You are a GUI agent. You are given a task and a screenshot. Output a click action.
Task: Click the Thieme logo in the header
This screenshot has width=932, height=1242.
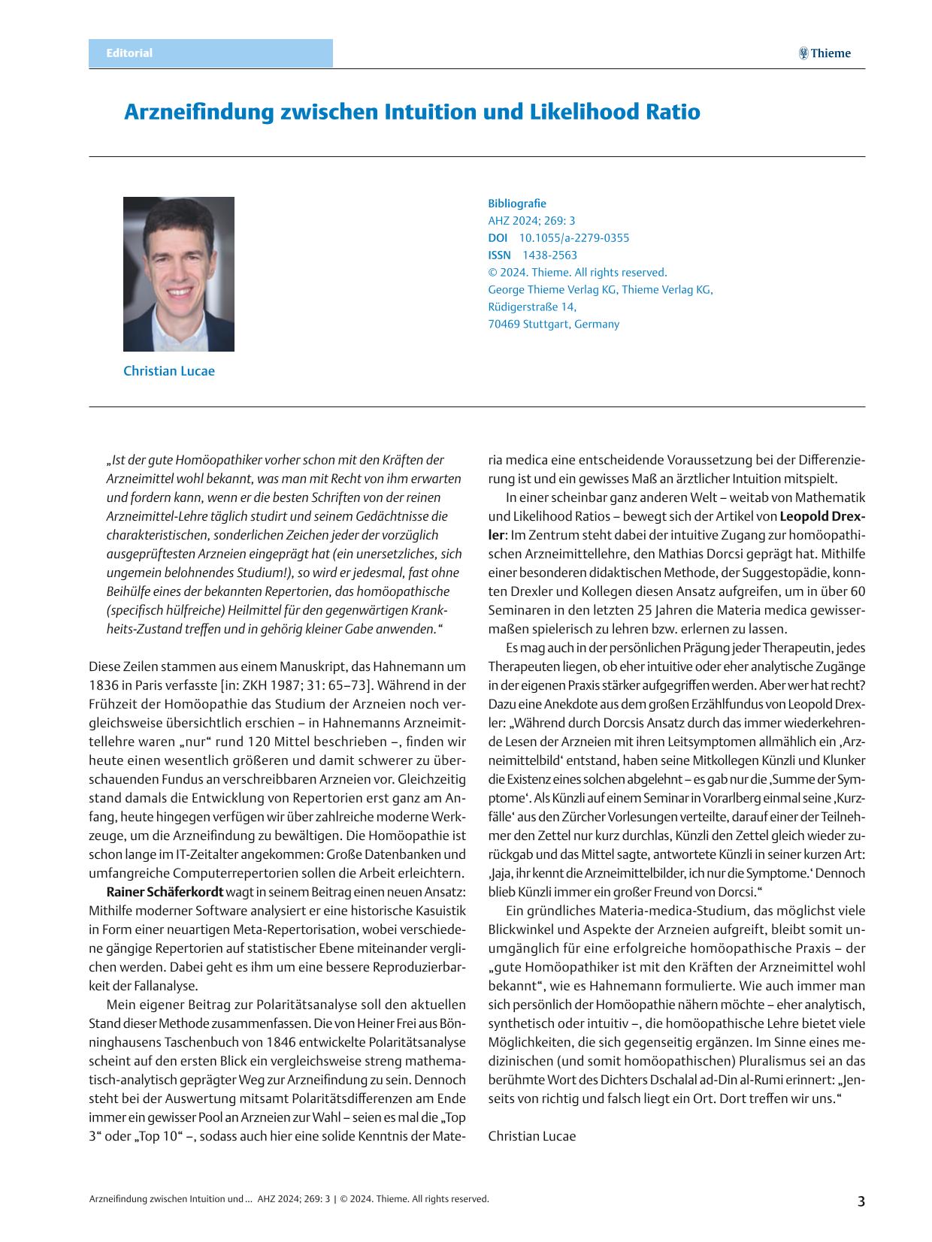[x=825, y=53]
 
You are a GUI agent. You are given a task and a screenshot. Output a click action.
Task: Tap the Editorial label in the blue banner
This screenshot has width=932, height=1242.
[x=129, y=53]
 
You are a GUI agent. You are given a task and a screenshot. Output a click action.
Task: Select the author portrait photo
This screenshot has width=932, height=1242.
[x=179, y=274]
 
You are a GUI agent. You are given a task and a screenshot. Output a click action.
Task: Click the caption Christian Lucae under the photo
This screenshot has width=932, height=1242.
[x=169, y=371]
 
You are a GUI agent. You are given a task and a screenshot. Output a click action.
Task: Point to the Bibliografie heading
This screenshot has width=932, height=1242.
[x=517, y=204]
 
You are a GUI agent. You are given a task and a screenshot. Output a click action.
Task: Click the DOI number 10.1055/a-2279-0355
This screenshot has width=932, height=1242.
[x=574, y=238]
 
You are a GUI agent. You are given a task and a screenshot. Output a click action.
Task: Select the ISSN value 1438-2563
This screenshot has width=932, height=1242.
[x=550, y=255]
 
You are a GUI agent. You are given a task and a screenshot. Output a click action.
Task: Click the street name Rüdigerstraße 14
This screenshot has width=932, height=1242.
[x=532, y=307]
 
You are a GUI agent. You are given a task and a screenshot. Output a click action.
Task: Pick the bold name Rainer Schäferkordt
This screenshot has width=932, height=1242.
[x=165, y=892]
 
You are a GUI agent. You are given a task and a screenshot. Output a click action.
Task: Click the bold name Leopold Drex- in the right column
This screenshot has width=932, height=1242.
[x=822, y=516]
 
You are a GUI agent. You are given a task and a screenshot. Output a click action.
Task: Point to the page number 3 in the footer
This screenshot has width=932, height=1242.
[x=861, y=1201]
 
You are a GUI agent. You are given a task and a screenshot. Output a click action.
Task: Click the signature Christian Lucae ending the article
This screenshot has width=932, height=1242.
[x=532, y=1136]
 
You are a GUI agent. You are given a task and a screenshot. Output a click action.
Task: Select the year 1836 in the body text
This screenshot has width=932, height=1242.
[x=104, y=685]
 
